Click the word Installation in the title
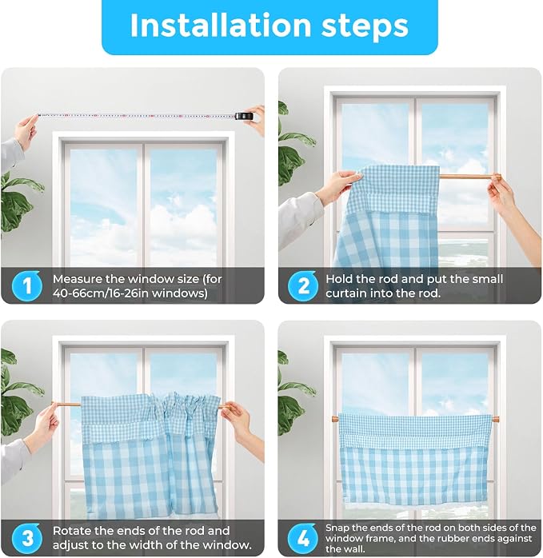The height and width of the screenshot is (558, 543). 221,26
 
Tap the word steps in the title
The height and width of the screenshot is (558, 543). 365,26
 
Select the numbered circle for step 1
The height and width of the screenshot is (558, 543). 26,285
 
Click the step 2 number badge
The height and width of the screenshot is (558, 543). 303,285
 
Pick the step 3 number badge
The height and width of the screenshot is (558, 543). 26,538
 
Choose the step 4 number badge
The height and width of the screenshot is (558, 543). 303,538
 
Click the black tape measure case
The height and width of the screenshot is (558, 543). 244,116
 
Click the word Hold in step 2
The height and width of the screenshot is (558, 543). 337,279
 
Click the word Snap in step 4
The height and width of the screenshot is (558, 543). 337,528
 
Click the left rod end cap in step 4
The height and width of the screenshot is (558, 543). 335,419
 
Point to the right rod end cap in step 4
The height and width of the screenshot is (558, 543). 495,419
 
